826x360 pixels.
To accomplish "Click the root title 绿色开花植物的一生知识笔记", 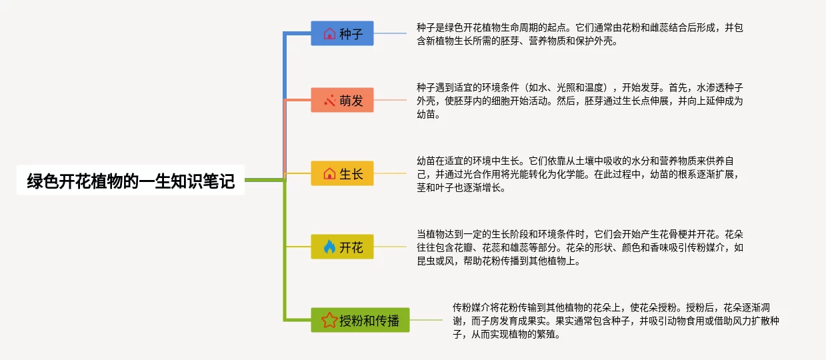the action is pyautogui.click(x=131, y=181).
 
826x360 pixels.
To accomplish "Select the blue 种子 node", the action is pyautogui.click(x=342, y=33).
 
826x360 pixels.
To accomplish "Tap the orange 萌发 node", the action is pyautogui.click(x=342, y=100).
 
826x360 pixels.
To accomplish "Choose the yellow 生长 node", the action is pyautogui.click(x=342, y=173).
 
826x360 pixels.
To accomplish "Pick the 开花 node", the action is pyautogui.click(x=342, y=247).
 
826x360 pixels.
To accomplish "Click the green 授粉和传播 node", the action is pyautogui.click(x=360, y=320).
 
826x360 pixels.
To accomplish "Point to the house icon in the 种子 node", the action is pyautogui.click(x=329, y=34).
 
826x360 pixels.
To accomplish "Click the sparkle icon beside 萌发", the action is pyautogui.click(x=329, y=100).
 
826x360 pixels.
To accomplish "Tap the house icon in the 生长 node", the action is pyautogui.click(x=329, y=174).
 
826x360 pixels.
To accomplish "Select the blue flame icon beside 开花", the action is pyautogui.click(x=329, y=247).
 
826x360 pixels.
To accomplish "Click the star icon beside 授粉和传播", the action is pyautogui.click(x=329, y=320).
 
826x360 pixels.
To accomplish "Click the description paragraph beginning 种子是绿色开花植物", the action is pyautogui.click(x=580, y=34).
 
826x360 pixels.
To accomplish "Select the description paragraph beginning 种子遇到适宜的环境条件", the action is pyautogui.click(x=580, y=101).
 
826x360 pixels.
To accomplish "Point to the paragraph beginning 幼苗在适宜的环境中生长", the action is pyautogui.click(x=577, y=174).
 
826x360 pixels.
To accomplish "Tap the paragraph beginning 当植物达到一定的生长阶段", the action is pyautogui.click(x=580, y=247).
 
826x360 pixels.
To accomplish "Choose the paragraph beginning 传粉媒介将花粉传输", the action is pyautogui.click(x=616, y=321).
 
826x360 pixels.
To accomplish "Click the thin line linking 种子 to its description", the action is pyautogui.click(x=390, y=33).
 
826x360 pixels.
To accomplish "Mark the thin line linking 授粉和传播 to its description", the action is pyautogui.click(x=426, y=320).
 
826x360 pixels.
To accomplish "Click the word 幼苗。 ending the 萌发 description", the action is pyautogui.click(x=429, y=115).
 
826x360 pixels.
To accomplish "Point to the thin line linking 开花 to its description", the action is pyautogui.click(x=390, y=247).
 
